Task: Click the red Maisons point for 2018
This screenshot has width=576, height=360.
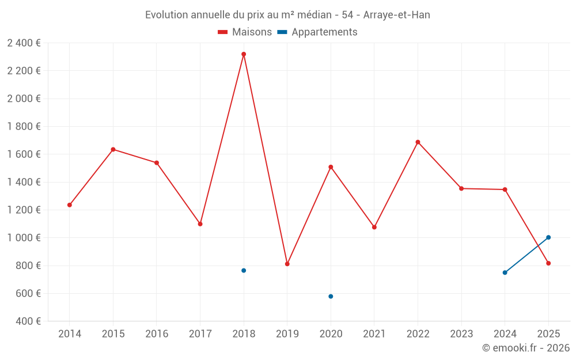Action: point(244,54)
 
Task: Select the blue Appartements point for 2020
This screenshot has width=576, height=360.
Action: point(331,297)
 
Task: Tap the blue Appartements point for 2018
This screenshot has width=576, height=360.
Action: point(244,271)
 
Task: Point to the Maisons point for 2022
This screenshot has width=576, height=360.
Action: point(418,142)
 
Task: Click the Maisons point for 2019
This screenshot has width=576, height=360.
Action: point(287,264)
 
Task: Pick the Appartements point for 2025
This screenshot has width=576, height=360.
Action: point(548,237)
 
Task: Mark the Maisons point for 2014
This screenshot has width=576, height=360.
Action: point(70,205)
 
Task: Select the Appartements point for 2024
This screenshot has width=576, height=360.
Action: point(505,272)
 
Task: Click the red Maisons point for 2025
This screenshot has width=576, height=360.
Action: point(548,263)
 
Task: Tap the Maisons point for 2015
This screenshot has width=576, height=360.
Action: point(113,150)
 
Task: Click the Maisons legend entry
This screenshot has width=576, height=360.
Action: point(245,32)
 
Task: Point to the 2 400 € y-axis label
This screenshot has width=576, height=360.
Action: point(24,43)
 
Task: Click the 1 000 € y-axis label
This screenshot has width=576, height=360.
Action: point(24,238)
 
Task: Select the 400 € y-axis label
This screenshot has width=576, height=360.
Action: point(29,321)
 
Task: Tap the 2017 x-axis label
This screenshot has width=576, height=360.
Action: point(200,334)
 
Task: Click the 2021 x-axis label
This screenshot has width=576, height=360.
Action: point(374,334)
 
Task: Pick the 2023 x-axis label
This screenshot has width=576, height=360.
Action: point(461,334)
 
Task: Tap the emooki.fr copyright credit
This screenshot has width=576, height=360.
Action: point(526,348)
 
